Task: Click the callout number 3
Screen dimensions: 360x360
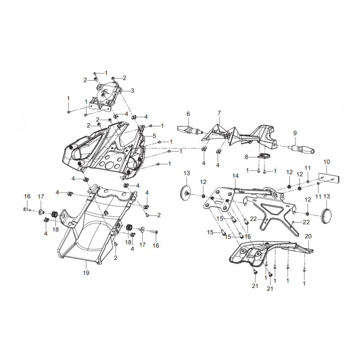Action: pyautogui.click(x=132, y=91)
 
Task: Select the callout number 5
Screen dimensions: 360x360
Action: pyautogui.click(x=154, y=136)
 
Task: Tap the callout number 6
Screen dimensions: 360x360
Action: pyautogui.click(x=188, y=114)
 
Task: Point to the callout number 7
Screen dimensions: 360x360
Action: pyautogui.click(x=219, y=113)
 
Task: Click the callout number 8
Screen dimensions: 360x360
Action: pyautogui.click(x=247, y=157)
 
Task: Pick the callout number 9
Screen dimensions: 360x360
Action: pyautogui.click(x=295, y=133)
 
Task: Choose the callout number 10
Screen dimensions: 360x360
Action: pyautogui.click(x=327, y=162)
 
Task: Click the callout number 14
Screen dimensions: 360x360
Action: pyautogui.click(x=235, y=176)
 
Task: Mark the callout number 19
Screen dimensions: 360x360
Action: pyautogui.click(x=86, y=273)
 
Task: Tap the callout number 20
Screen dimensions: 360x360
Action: pyautogui.click(x=308, y=236)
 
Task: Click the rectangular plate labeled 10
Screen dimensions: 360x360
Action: pyautogui.click(x=329, y=178)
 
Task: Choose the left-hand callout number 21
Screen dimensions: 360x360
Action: pyautogui.click(x=255, y=286)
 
